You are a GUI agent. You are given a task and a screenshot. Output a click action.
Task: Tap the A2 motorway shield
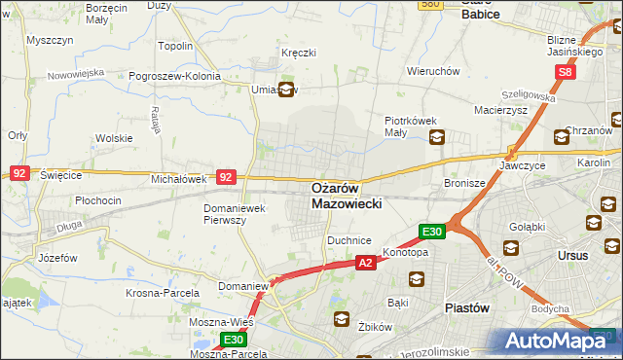(x=365, y=263)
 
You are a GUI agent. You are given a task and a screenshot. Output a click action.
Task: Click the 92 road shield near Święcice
(x=18, y=172)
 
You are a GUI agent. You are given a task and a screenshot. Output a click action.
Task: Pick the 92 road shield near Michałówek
(x=226, y=177)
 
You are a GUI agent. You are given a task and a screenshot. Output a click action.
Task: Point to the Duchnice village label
(x=349, y=239)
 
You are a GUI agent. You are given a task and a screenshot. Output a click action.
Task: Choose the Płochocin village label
(x=97, y=200)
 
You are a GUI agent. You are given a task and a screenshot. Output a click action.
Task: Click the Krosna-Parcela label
(x=163, y=292)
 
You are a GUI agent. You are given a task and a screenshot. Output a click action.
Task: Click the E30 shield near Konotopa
(x=432, y=232)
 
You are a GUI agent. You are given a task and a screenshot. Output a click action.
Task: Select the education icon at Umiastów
(x=286, y=90)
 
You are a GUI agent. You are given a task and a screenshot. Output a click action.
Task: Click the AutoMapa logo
(x=561, y=341)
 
